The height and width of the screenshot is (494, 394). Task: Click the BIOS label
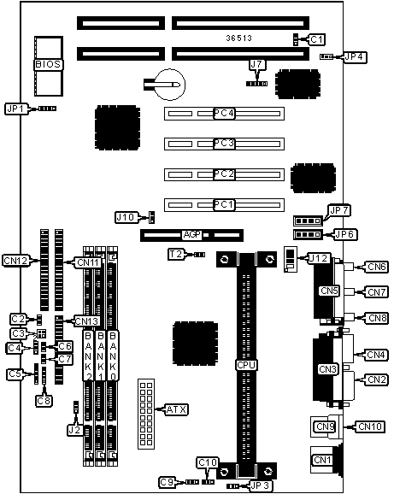click(48, 65)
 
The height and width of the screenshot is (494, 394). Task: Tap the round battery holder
click(170, 85)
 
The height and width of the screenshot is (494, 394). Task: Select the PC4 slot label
click(224, 113)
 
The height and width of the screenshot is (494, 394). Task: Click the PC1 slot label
click(224, 205)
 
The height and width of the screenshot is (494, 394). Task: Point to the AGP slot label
click(191, 235)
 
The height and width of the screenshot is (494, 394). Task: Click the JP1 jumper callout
click(16, 109)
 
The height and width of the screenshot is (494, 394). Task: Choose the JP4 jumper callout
click(355, 57)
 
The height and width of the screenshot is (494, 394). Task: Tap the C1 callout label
click(316, 39)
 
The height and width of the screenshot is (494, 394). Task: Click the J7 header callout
click(257, 65)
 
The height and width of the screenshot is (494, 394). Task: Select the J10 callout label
click(126, 217)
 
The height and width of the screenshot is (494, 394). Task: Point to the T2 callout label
click(176, 254)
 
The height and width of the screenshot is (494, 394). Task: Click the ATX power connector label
click(176, 409)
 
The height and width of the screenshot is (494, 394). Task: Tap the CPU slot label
click(246, 365)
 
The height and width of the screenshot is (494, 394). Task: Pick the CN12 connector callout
click(15, 261)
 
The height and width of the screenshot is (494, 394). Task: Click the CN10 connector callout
click(370, 426)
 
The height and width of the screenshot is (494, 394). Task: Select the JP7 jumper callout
click(339, 210)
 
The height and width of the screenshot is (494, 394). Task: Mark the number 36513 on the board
click(239, 38)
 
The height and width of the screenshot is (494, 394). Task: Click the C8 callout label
click(44, 401)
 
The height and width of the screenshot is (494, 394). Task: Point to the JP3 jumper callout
click(260, 485)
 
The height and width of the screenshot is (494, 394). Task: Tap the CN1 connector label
click(322, 460)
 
